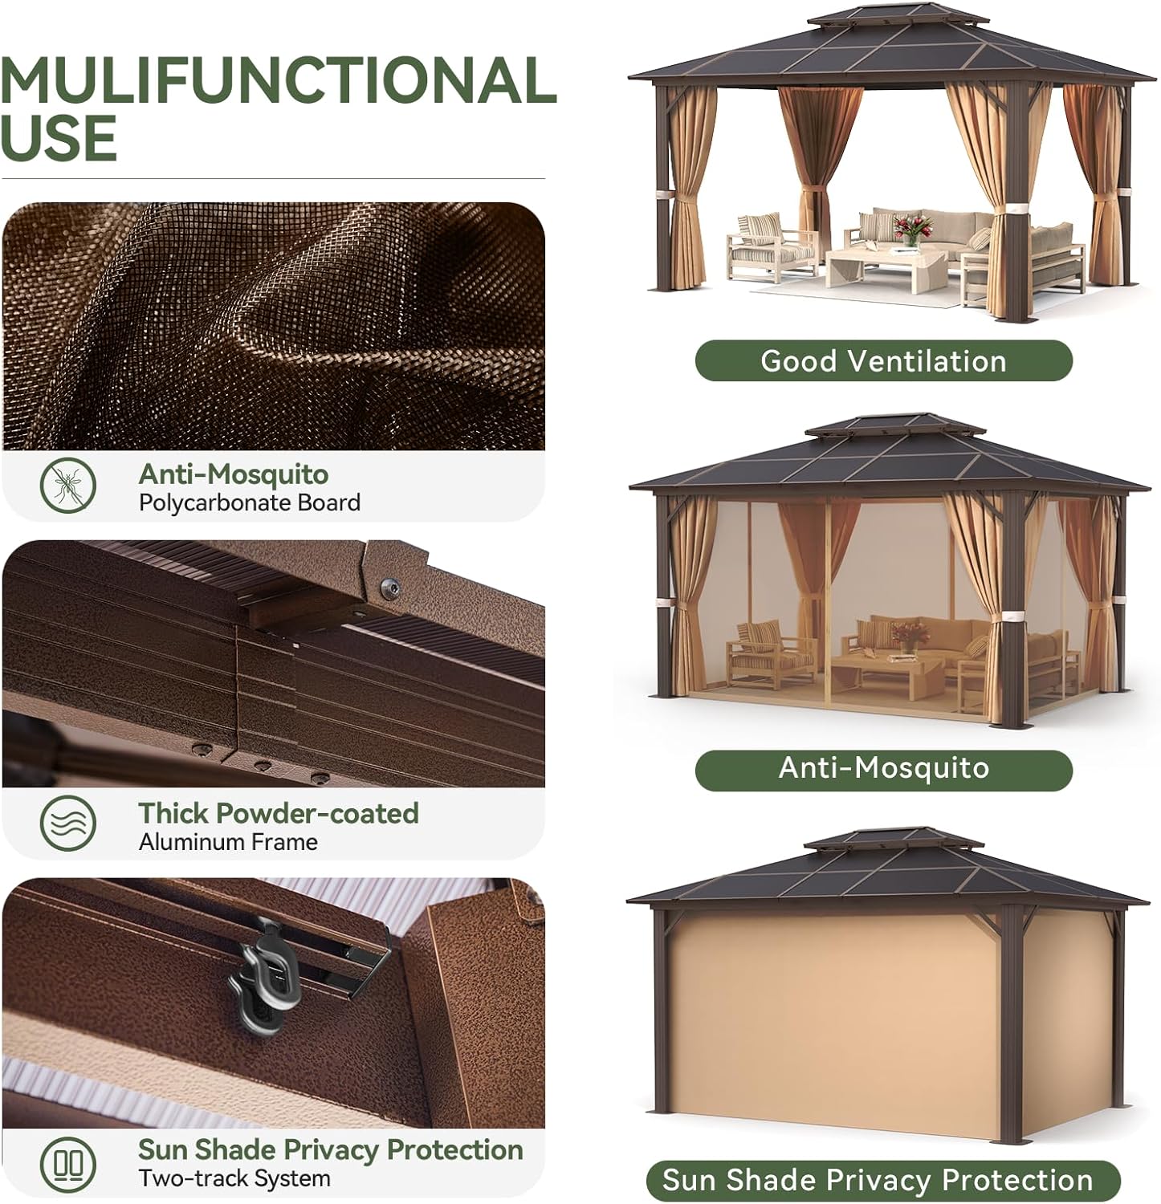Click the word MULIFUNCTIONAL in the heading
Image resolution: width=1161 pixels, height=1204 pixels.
coord(278,80)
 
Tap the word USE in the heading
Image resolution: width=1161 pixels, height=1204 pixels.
coord(59,138)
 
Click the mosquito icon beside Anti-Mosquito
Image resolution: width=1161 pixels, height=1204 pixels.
coord(68,485)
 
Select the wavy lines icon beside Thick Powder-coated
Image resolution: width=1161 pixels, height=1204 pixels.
coord(68,824)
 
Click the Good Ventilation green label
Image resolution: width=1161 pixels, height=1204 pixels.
coord(883,361)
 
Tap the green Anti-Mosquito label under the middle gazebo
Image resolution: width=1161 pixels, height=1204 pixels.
coord(883,768)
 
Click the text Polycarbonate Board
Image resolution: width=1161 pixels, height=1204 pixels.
coord(250,503)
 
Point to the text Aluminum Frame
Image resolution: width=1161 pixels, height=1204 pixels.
coord(228,842)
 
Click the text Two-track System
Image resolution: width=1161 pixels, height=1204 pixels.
coord(234,1178)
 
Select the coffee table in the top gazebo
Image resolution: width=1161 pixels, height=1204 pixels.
coord(884,266)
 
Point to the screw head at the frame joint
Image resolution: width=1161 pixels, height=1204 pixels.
coord(390,588)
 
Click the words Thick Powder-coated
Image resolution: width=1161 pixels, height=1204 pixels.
coord(279,813)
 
